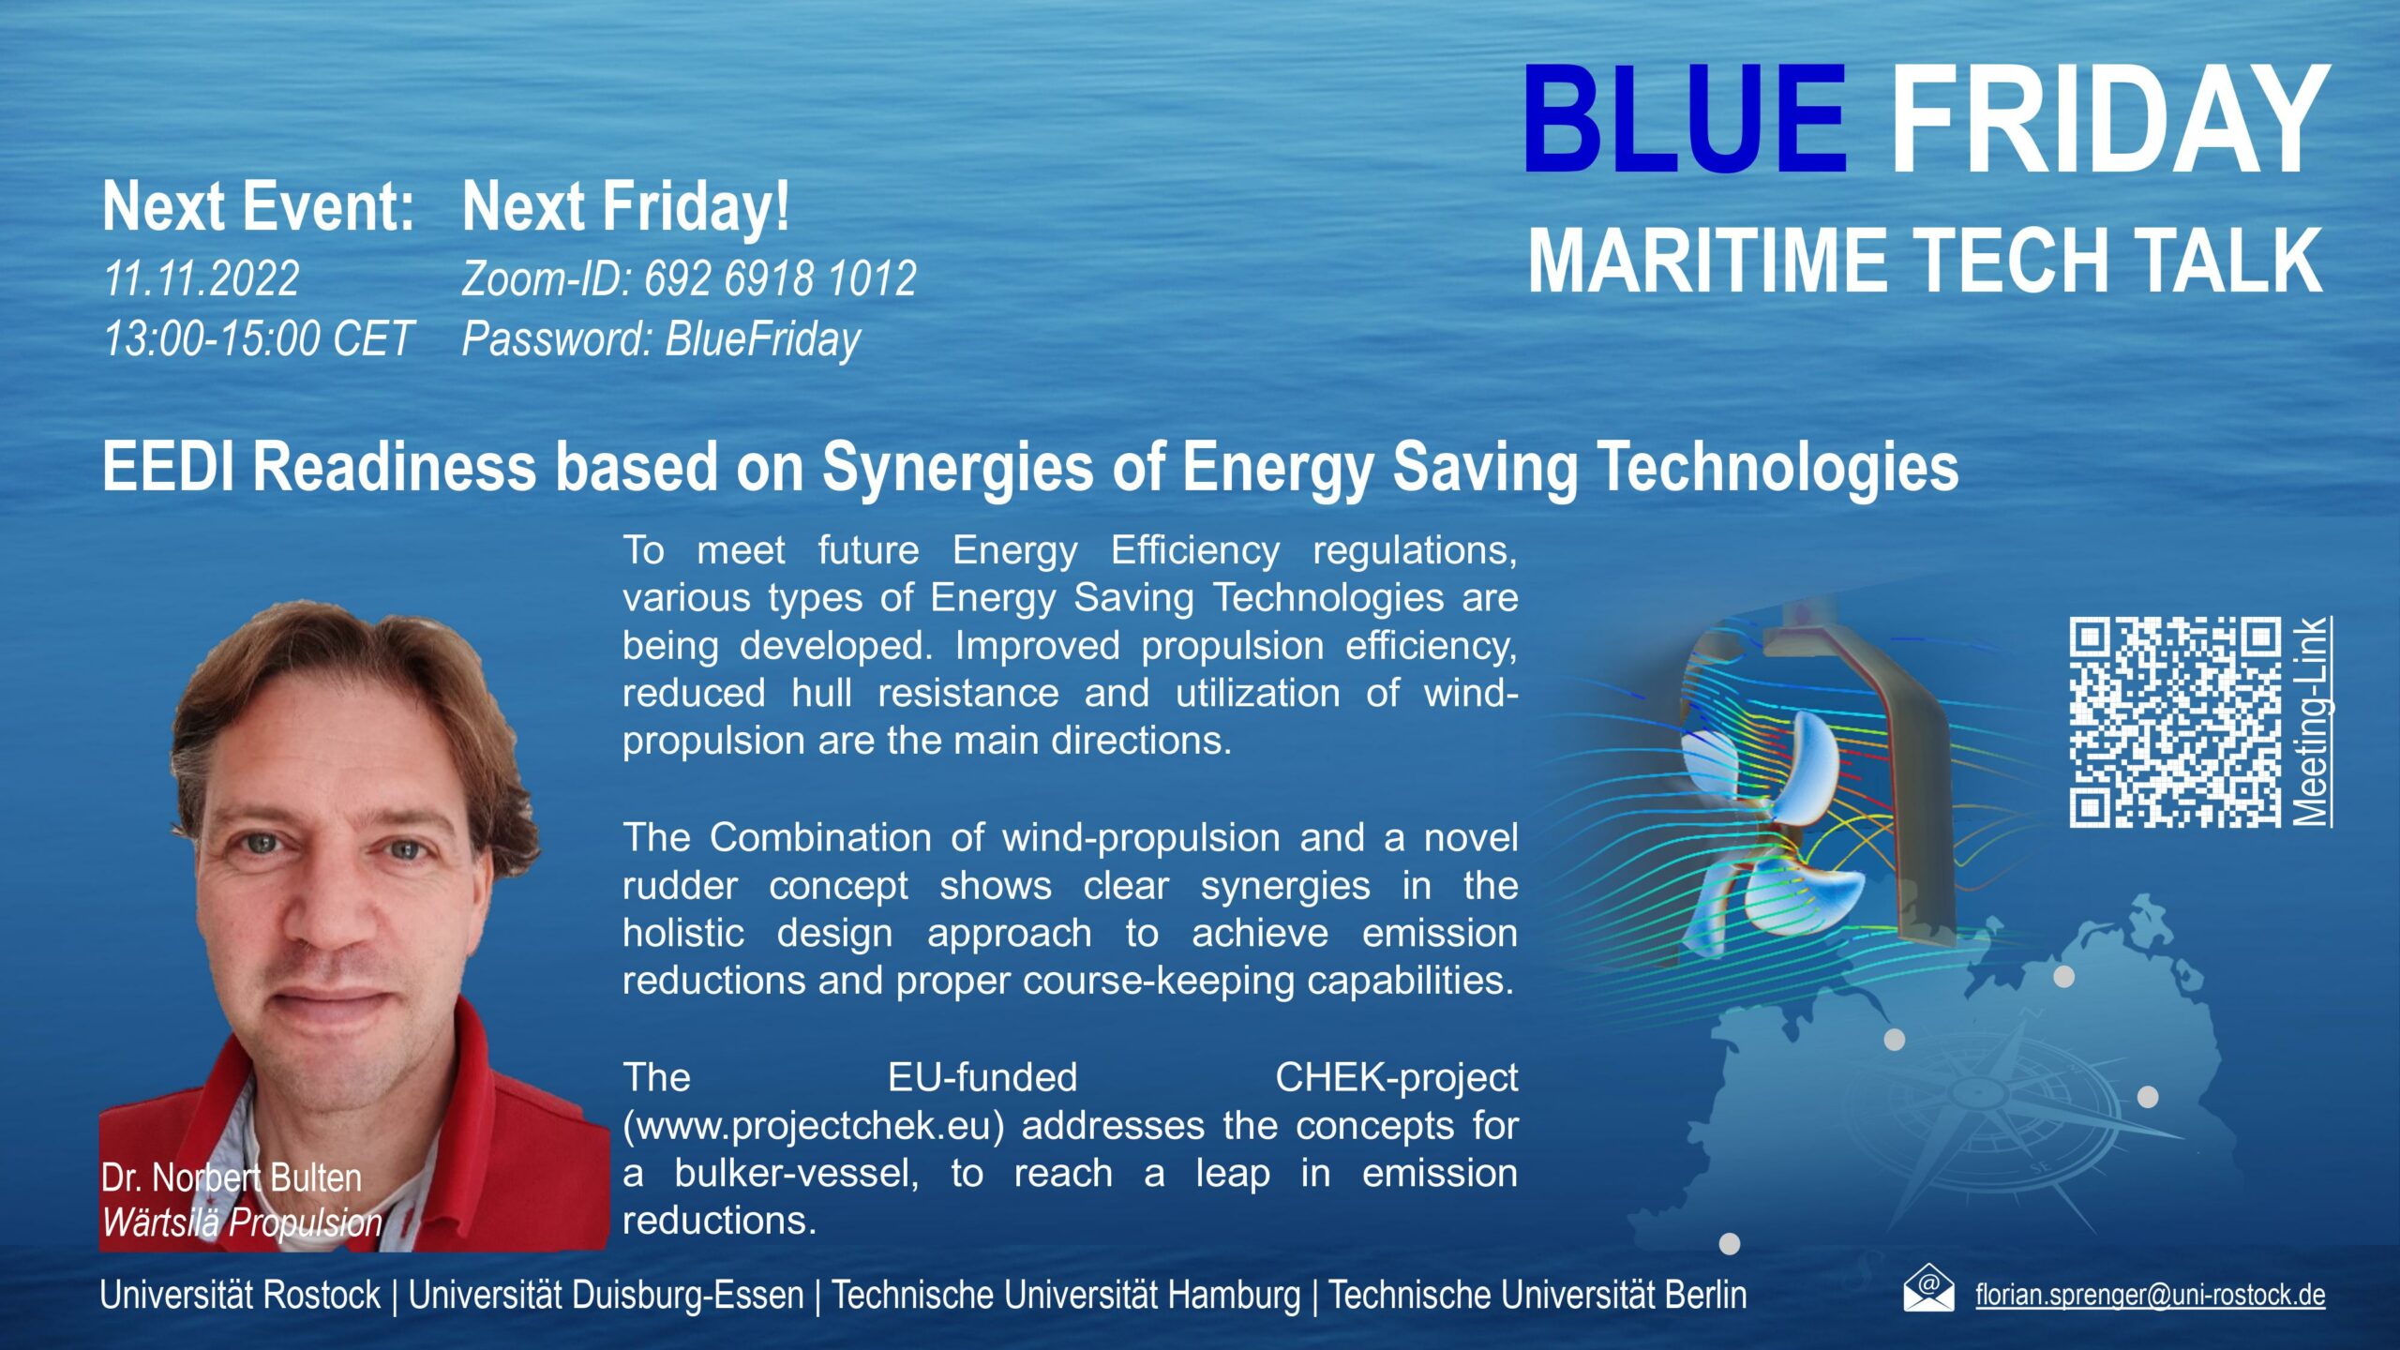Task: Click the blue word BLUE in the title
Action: [1685, 119]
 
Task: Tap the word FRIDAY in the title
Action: [2108, 119]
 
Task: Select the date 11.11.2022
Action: [202, 278]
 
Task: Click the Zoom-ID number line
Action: [689, 278]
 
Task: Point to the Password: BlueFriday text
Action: [661, 339]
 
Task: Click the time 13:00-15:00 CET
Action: [258, 338]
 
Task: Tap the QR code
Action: [2175, 722]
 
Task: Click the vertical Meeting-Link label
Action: [2312, 722]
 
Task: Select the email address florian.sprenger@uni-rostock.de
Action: [2151, 1296]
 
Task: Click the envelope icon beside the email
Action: [1928, 1288]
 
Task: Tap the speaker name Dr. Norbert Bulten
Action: [232, 1177]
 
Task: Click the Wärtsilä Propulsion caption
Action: [242, 1222]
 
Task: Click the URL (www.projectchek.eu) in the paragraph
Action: [813, 1126]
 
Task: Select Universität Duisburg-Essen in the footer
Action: [607, 1295]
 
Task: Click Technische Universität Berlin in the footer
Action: [1538, 1295]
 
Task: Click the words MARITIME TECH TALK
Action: [1926, 261]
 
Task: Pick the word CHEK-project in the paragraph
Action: [1397, 1078]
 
